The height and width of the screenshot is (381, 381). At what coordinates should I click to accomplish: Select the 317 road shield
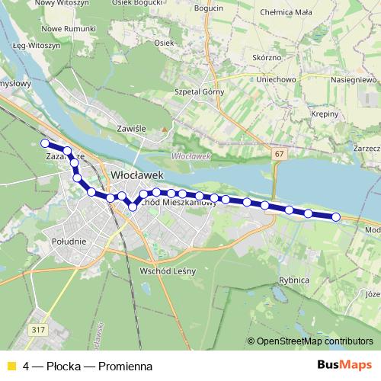tap(39, 329)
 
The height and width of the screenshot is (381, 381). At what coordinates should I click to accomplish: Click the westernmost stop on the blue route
tap(45, 143)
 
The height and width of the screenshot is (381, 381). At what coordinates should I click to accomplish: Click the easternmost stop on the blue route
tap(336, 217)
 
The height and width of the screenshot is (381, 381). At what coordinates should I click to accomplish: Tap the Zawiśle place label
tap(131, 129)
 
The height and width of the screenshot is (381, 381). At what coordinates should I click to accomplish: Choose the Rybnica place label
tap(294, 280)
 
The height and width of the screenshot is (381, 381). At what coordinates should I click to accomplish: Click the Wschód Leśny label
tap(168, 271)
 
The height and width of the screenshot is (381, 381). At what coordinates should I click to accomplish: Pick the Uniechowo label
tap(276, 78)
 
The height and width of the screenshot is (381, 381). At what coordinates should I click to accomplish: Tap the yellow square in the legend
tap(11, 367)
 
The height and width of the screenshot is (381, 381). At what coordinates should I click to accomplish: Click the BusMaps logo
tap(344, 366)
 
